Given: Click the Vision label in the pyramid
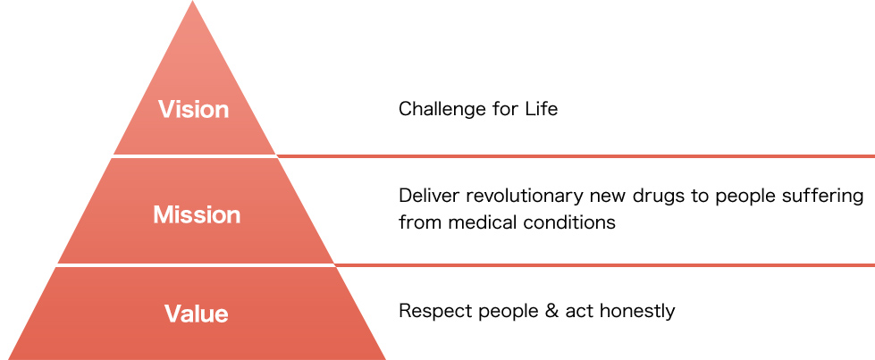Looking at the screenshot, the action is coord(194,109).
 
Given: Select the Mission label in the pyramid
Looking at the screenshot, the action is coord(197,215).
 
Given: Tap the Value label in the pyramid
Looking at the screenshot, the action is coord(196,314).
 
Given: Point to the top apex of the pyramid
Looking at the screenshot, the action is coord(192,1).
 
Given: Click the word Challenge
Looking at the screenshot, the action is coord(441,109).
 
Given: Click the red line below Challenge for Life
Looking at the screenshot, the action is coord(576,155).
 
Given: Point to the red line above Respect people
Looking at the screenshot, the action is coord(604,264).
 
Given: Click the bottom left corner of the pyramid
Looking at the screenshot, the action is coord(8,359).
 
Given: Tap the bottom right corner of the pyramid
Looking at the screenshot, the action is coord(385,359).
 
